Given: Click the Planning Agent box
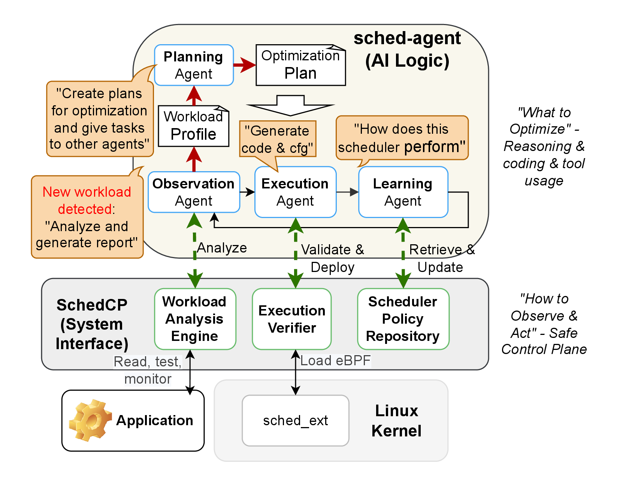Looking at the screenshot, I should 194,65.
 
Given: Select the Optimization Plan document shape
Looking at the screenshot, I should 300,65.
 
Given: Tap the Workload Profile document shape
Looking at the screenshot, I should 193,126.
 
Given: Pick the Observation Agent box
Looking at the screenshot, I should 194,192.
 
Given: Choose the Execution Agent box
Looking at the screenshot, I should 295,192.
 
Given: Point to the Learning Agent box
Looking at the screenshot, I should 403,192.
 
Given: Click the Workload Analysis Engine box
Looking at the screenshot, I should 195,319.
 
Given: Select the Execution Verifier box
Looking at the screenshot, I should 292,319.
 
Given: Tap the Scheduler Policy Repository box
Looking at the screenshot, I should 403,319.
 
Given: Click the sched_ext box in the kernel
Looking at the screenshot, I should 295,420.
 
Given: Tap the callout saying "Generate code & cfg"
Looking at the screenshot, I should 278,139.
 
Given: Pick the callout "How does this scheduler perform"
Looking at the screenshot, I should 402,138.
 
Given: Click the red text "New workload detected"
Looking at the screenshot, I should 87,200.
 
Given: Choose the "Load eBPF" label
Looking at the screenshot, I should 335,361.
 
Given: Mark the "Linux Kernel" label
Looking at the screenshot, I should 396,421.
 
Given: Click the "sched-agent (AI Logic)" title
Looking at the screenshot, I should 407,49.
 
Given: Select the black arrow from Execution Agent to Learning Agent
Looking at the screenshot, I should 347,192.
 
